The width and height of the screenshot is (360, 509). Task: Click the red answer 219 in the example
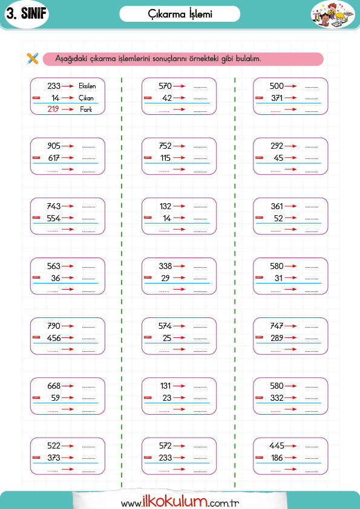coord(53,109)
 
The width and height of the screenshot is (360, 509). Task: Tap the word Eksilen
coord(87,86)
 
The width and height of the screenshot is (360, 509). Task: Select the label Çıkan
coord(86,98)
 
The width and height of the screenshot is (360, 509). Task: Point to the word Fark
coord(86,109)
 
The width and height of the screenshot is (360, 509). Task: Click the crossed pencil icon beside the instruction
coord(33,59)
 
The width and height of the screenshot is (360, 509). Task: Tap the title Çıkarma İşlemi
coord(180,14)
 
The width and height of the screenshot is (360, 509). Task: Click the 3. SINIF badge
coord(27,14)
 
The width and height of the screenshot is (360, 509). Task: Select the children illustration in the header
coord(332,15)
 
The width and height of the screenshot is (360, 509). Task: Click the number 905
coord(54,146)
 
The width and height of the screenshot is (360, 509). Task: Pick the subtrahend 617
coord(54,158)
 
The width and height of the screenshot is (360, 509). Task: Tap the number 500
coord(277,86)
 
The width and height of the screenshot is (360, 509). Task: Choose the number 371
coord(277,98)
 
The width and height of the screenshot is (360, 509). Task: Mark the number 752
coord(165,146)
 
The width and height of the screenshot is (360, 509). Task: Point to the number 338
coord(165,266)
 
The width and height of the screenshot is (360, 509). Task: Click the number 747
coord(277,326)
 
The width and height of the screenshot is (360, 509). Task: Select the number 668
coord(54,386)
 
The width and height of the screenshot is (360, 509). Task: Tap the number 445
coord(277,446)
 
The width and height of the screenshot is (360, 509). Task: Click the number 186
coord(277,458)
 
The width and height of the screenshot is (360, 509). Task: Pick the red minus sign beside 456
coord(36,337)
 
